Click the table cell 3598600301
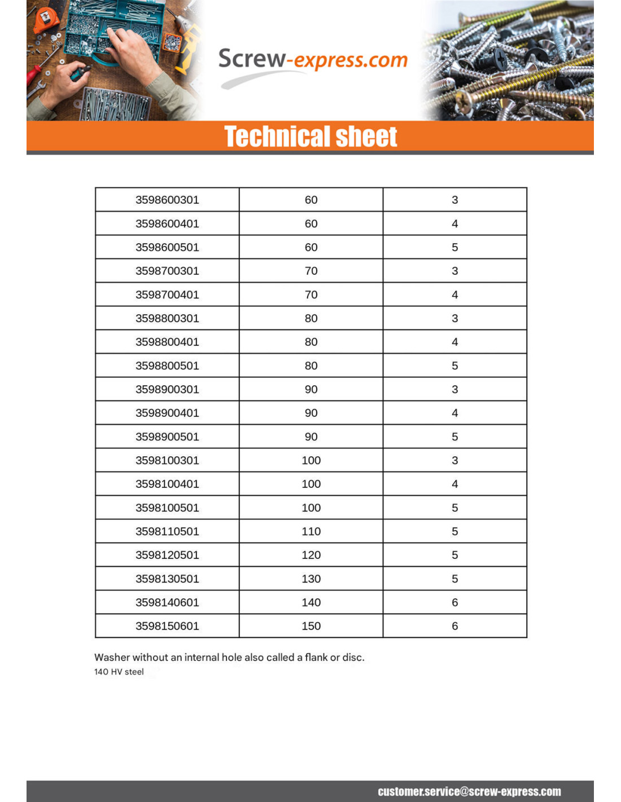pos(167,200)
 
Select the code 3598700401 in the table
pos(167,295)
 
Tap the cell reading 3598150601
pos(167,627)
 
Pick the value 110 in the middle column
pos(311,532)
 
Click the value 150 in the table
pos(311,627)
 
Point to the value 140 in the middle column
pos(311,603)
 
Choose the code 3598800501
pos(167,366)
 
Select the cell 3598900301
pos(167,390)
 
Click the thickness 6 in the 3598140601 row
pos(455,603)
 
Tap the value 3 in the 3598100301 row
pos(455,461)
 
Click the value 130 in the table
pos(311,579)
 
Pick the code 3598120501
pos(167,556)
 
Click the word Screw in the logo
pos(252,59)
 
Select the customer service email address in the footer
pos(469,791)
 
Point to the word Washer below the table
pos(111,658)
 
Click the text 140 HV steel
pos(119,672)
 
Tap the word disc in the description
pos(352,658)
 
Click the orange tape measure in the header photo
pos(46,20)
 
